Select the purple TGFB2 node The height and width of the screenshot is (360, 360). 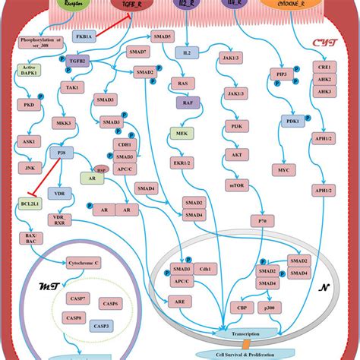point(77,61)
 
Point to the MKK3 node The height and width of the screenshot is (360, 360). point(64,122)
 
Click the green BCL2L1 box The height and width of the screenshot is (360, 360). point(28,204)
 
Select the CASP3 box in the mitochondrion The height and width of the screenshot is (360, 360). point(102,325)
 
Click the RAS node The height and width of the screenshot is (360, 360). point(183,84)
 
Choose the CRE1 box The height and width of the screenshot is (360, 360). point(325,68)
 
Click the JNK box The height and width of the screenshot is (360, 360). point(30,166)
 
